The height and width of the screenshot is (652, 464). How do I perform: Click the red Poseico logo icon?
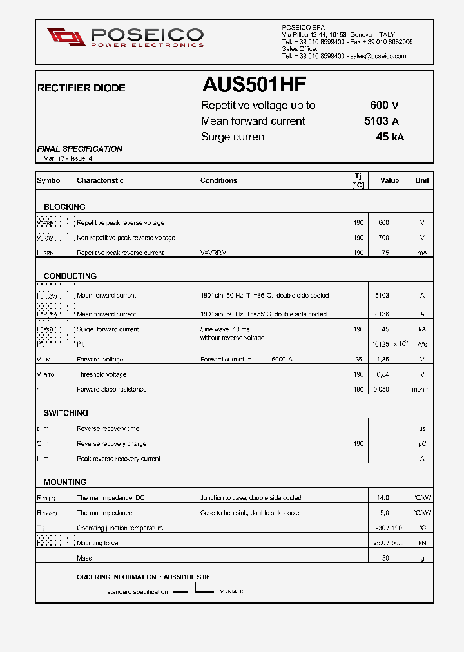[x=66, y=37]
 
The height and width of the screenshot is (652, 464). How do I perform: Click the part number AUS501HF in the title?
[x=254, y=85]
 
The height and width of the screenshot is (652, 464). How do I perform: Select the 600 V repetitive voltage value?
[x=384, y=106]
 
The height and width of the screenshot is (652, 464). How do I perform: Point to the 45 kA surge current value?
[x=390, y=137]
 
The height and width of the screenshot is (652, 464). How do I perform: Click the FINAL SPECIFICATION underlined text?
[x=80, y=149]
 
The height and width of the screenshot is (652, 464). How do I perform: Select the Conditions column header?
[x=218, y=180]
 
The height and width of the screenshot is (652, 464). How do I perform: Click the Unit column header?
[x=422, y=180]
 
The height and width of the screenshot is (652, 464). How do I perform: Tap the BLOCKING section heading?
[x=64, y=207]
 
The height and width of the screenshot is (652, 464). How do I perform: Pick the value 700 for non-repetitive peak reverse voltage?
[x=383, y=238]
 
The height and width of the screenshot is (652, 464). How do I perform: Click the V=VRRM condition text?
[x=213, y=253]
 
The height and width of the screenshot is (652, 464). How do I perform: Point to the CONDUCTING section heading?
[x=70, y=276]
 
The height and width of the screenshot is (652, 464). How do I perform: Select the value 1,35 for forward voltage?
[x=383, y=360]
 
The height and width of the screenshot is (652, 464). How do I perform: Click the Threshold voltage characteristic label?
[x=102, y=374]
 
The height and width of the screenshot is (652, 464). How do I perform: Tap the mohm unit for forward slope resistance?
[x=421, y=389]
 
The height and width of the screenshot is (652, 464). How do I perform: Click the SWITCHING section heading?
[x=66, y=412]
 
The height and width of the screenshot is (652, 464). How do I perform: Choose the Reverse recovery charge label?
[x=111, y=443]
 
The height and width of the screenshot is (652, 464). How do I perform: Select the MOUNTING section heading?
[x=65, y=482]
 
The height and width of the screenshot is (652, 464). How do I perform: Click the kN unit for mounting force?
[x=422, y=543]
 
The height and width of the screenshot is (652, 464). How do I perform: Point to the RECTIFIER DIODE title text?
[x=81, y=88]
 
